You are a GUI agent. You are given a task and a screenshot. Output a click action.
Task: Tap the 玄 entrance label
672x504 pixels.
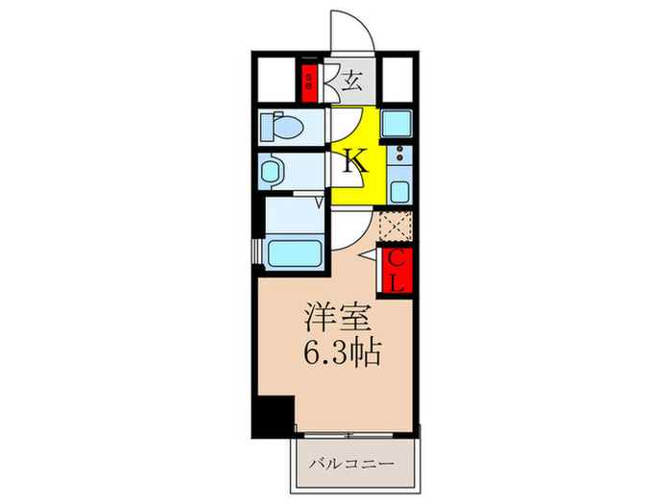(354, 80)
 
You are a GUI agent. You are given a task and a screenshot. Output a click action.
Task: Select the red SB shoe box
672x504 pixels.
(309, 82)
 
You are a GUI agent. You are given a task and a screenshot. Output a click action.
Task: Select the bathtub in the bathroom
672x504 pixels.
(295, 254)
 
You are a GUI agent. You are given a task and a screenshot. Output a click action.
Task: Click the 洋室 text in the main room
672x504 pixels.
(332, 316)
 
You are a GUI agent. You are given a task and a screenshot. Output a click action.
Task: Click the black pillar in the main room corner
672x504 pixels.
(272, 413)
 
